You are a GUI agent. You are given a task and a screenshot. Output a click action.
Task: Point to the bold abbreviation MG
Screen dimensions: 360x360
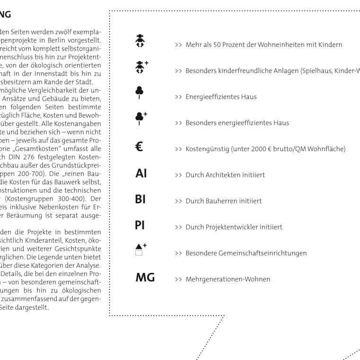[x=145, y=278]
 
